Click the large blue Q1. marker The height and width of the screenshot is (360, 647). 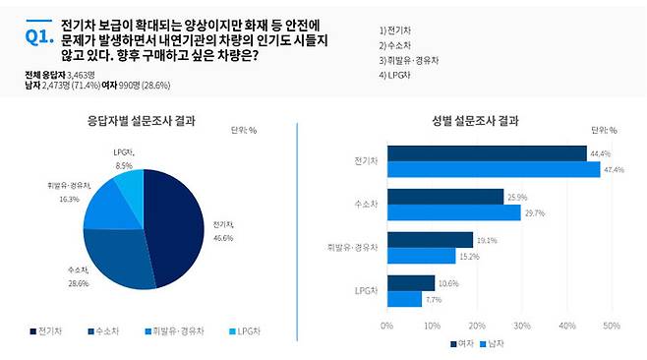[37, 37]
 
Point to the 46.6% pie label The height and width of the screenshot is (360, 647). [223, 236]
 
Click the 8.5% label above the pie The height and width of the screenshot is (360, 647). [123, 165]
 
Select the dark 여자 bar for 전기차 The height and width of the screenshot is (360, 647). [486, 153]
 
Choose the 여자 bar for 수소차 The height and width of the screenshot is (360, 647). [444, 197]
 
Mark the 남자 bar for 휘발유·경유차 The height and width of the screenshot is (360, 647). [421, 255]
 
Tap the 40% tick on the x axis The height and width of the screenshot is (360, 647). [567, 325]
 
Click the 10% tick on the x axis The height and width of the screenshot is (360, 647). [432, 325]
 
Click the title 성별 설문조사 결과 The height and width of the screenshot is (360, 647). [476, 122]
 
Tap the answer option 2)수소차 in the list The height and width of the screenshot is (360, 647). [398, 44]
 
